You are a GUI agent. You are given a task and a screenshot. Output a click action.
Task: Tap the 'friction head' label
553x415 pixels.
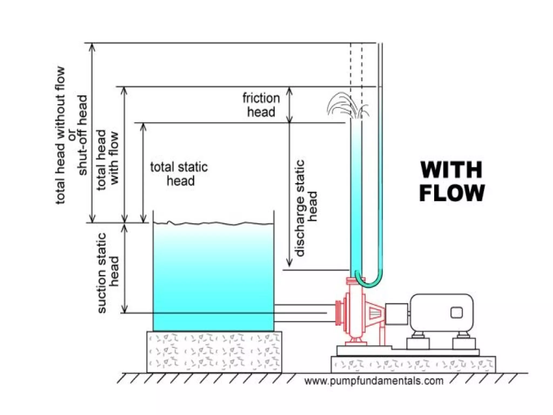[261, 105]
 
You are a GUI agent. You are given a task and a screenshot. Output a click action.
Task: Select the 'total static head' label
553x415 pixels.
[179, 174]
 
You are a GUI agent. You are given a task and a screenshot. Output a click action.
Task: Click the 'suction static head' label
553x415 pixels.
[108, 273]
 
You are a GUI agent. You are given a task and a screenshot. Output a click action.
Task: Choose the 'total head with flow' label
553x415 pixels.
[107, 160]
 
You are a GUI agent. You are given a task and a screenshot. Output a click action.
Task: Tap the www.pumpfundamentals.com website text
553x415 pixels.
[374, 381]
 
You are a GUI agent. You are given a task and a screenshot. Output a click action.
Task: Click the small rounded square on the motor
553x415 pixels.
[456, 313]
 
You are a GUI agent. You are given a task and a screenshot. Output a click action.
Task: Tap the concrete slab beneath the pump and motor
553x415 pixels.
[413, 364]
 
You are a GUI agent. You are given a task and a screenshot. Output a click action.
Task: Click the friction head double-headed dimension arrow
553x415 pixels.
[289, 105]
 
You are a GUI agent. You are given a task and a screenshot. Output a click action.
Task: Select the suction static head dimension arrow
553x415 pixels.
[124, 268]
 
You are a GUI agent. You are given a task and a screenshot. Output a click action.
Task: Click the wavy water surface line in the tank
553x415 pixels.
[213, 223]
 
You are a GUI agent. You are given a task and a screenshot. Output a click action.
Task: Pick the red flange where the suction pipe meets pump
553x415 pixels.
[338, 313]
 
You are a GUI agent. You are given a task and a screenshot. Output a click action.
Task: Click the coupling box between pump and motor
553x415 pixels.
[396, 313]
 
